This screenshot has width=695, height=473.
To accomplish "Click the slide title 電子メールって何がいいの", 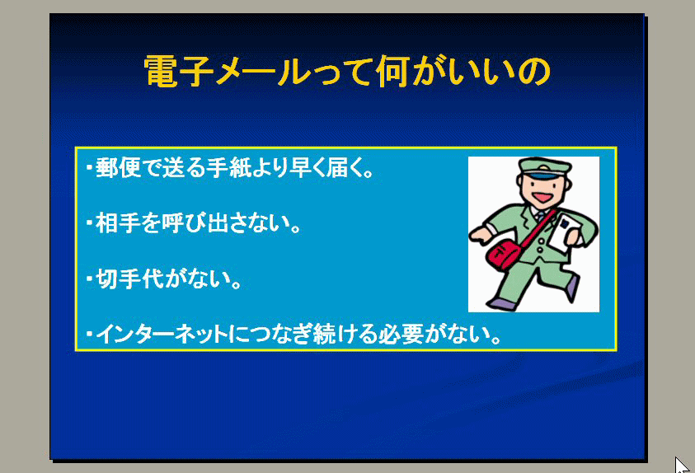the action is click(347, 71).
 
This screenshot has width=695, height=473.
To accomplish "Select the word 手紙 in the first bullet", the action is click(228, 168).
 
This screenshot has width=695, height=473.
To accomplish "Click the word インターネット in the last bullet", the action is click(162, 335).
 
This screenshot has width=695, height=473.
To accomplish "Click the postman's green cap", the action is click(545, 168).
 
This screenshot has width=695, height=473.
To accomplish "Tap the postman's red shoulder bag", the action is click(505, 254).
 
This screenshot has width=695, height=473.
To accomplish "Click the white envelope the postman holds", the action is click(564, 232).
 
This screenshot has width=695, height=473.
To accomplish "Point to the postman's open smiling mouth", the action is click(542, 197).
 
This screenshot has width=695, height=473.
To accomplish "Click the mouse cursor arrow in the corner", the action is click(682, 465).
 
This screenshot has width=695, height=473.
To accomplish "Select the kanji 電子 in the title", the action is click(178, 71).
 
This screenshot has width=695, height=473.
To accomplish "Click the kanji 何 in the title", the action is click(392, 71).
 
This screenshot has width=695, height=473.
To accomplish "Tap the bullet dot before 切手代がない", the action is click(90, 279).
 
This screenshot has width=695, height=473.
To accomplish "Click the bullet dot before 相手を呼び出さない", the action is click(90, 223).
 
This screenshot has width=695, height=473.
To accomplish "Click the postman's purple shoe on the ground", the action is click(503, 304).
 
